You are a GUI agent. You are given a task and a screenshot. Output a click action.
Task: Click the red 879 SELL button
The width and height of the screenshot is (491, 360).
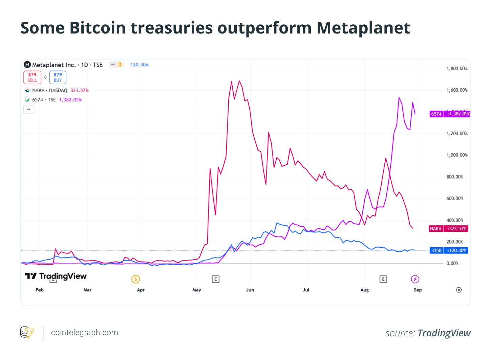(x=32, y=77)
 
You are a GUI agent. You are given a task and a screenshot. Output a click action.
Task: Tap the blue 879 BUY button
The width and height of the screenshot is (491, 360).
(x=58, y=77)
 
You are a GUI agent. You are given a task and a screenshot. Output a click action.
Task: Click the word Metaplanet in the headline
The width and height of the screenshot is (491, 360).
(x=363, y=28)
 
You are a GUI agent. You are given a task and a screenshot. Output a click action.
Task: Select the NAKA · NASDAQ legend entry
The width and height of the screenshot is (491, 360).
(x=49, y=90)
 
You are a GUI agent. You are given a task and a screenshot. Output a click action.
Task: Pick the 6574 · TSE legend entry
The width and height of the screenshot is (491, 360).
(x=44, y=100)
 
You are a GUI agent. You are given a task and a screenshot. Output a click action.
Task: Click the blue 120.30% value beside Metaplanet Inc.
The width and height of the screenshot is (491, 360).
(x=140, y=65)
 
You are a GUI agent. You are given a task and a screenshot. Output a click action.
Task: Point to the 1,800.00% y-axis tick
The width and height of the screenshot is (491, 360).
(x=457, y=69)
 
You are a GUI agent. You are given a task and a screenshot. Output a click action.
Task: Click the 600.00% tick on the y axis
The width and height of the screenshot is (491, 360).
(x=454, y=199)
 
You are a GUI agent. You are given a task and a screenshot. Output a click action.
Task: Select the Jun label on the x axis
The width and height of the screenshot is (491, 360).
(x=250, y=290)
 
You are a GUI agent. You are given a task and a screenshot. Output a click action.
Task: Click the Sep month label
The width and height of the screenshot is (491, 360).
(x=418, y=290)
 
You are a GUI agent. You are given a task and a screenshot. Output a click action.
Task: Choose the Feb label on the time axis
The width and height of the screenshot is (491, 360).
(x=40, y=290)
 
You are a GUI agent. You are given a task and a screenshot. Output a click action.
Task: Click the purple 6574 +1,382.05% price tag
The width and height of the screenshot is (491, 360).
(x=450, y=114)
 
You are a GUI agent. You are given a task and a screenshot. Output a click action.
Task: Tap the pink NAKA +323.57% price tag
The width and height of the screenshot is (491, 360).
(x=448, y=229)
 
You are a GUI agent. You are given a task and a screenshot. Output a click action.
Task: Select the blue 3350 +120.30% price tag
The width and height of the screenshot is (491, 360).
(x=449, y=251)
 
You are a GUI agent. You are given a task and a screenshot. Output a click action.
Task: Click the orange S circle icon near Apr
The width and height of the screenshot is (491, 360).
(x=135, y=279)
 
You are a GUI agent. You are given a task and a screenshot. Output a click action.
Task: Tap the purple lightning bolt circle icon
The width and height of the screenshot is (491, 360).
(x=415, y=279)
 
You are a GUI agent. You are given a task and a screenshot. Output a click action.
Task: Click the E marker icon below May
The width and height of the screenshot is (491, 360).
(x=215, y=279)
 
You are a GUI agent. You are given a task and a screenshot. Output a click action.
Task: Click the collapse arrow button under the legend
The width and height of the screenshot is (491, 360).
(x=29, y=109)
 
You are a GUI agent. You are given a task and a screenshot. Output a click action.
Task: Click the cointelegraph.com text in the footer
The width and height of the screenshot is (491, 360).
(x=84, y=333)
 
